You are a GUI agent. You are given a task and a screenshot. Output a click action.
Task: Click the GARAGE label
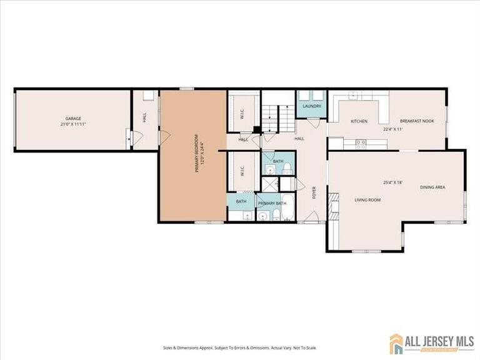coord(74,119)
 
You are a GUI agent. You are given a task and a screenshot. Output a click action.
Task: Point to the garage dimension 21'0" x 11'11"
coord(74,125)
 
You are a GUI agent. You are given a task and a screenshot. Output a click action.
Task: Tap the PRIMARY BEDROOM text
coord(196,153)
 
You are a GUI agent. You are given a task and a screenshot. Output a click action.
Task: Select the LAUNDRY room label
coord(312,106)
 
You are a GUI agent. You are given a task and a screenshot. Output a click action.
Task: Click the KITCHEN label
coord(359,121)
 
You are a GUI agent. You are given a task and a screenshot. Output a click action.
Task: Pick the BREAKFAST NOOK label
coord(417,121)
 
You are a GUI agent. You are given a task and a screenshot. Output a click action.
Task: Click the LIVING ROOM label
coord(367,200)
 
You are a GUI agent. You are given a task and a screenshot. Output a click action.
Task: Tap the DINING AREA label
coord(432,187)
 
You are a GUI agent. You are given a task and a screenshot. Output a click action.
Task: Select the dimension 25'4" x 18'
coord(392,182)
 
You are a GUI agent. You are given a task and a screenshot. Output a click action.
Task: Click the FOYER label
coord(314,192)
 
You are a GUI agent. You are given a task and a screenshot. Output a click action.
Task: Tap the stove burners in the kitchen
coord(361,142)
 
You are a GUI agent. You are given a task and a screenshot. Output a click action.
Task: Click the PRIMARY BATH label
coord(272,204)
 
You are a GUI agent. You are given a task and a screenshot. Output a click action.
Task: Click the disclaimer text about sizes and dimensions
coord(240,330)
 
